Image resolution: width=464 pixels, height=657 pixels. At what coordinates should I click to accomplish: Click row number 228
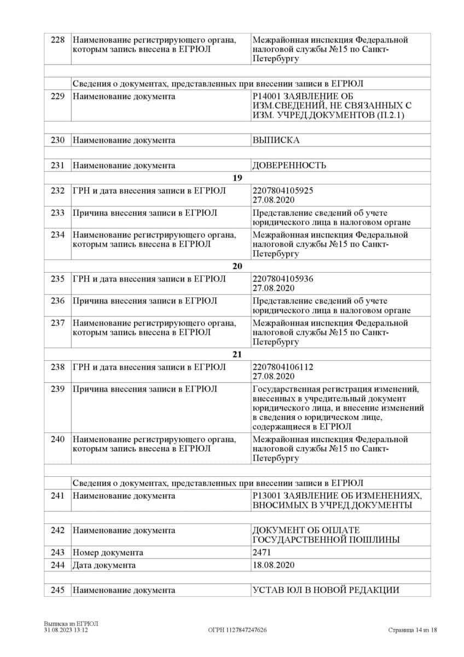coord(57,40)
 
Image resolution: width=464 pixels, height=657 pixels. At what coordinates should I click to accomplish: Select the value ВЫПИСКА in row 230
coord(276,140)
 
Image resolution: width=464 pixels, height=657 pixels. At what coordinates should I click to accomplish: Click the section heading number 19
coord(237,177)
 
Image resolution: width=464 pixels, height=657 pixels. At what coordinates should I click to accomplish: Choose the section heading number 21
coord(237,354)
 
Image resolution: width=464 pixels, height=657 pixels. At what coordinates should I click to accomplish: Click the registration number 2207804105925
coord(283,190)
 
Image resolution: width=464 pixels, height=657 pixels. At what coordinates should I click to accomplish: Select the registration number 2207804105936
coord(283,279)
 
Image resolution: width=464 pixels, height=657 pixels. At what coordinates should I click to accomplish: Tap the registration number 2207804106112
coord(283,367)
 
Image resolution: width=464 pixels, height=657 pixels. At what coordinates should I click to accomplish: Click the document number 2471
coord(262,552)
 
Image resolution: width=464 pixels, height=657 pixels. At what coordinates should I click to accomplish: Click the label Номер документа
coord(108,552)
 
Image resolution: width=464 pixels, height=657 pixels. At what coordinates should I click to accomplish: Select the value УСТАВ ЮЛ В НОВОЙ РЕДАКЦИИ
coord(326,590)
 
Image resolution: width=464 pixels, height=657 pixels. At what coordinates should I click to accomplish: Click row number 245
coord(57,590)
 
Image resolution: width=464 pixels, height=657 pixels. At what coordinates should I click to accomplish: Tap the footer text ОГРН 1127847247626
coord(237,630)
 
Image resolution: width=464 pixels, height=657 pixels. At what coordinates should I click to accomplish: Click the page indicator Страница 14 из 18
coord(413,630)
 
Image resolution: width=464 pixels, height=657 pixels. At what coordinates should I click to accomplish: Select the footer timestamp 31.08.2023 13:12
coord(66,630)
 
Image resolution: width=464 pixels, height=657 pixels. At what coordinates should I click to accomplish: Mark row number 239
coord(57,389)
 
